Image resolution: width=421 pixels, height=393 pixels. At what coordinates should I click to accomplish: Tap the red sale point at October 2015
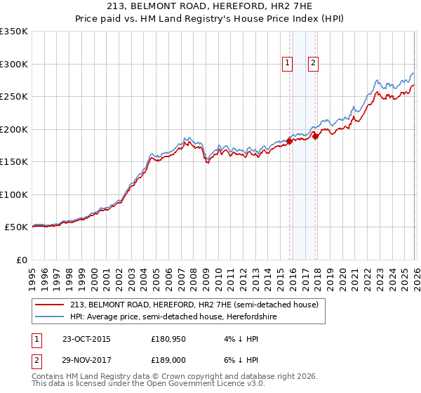pyautogui.click(x=289, y=142)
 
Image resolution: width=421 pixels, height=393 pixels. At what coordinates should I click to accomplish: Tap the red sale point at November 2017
pyautogui.click(x=316, y=137)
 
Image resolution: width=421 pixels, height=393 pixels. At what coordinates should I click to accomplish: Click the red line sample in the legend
pyautogui.click(x=49, y=305)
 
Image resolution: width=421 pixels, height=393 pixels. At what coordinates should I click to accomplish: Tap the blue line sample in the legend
pyautogui.click(x=49, y=317)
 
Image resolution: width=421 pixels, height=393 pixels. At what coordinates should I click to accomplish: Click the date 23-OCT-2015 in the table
pyautogui.click(x=86, y=339)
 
